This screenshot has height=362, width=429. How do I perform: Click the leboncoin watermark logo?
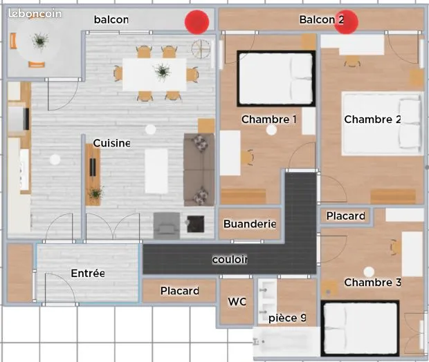pyautogui.click(x=35, y=13)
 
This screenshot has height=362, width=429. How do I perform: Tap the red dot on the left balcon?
pyautogui.click(x=197, y=22)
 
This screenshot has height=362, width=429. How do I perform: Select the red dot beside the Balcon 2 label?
pyautogui.click(x=347, y=22)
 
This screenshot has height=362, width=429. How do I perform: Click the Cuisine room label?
pyautogui.click(x=111, y=143)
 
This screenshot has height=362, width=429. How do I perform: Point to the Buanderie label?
pyautogui.click(x=250, y=224)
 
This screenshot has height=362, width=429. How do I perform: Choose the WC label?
pyautogui.click(x=237, y=302)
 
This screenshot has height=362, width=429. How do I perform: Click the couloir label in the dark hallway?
pyautogui.click(x=230, y=260)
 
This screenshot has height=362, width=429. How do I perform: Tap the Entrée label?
pyautogui.click(x=88, y=273)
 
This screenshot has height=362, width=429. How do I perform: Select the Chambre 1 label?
pyautogui.click(x=269, y=120)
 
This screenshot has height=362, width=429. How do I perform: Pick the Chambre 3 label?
pyautogui.click(x=373, y=283)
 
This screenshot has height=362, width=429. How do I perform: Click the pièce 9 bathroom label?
pyautogui.click(x=287, y=318)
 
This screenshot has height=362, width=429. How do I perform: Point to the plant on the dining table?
pyautogui.click(x=163, y=71)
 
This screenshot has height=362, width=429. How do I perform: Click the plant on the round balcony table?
pyautogui.click(x=41, y=41)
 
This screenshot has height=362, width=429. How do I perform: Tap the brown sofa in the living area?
pyautogui.click(x=199, y=170)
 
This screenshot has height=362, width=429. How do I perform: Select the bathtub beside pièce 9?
pyautogui.click(x=286, y=341)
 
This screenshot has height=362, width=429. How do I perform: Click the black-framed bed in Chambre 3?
pyautogui.click(x=360, y=328)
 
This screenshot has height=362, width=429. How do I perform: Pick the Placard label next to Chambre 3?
pyautogui.click(x=346, y=216)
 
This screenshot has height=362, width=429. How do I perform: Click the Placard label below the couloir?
pyautogui.click(x=180, y=291)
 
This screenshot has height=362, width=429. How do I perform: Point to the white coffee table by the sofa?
pyautogui.click(x=156, y=171)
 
